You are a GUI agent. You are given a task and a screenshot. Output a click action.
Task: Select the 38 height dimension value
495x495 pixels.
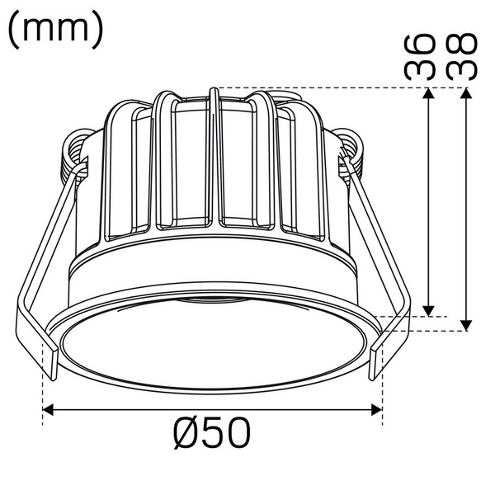462,56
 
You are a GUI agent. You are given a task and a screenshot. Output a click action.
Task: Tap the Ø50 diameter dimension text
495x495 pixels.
212,432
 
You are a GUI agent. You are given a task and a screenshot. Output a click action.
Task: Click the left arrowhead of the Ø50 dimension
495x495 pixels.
49,408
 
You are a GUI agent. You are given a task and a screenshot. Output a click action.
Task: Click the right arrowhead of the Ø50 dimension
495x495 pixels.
377,408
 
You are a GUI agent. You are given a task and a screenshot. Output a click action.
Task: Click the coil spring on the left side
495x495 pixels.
74,151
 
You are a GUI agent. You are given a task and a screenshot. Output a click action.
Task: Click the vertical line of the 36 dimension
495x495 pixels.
427,202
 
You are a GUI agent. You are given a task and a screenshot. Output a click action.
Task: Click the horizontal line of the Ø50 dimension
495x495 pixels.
213,408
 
